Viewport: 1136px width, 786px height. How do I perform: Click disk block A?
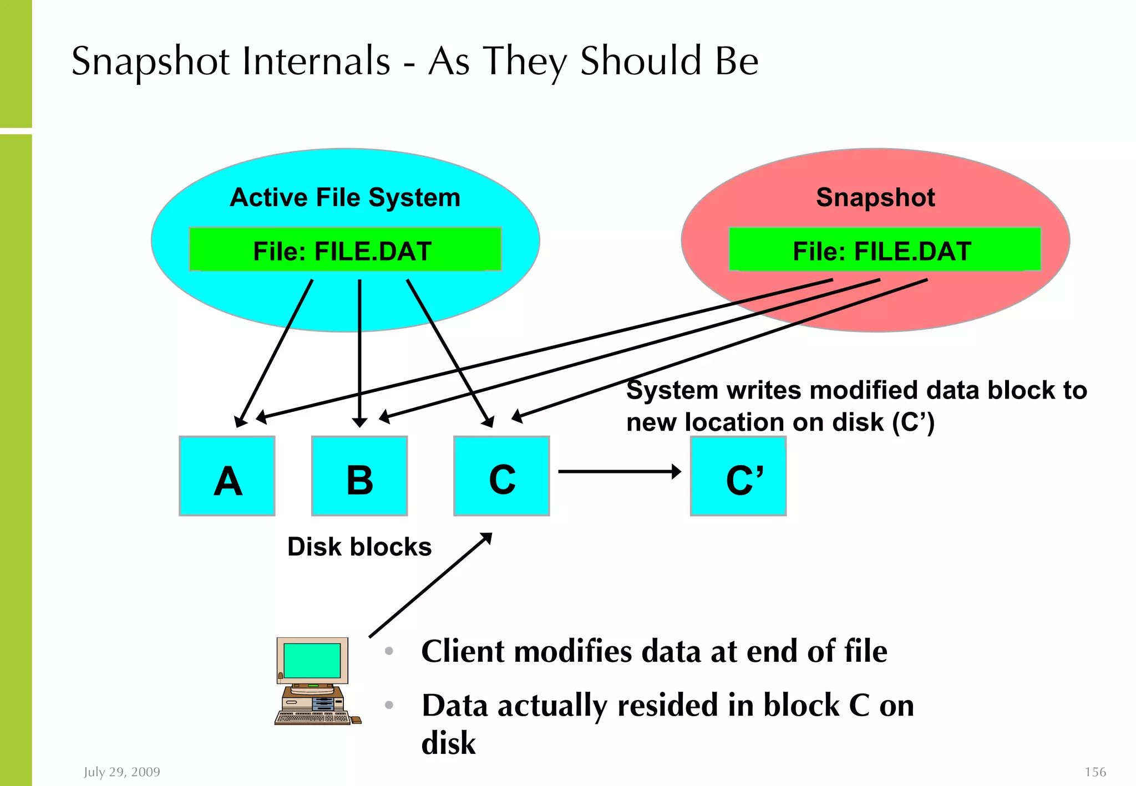tap(227, 476)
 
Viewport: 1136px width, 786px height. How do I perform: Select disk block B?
tap(359, 476)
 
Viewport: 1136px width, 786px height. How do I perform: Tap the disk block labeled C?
tap(501, 476)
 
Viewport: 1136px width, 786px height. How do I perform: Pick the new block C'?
tap(738, 476)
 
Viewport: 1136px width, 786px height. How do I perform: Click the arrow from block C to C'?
tap(618, 472)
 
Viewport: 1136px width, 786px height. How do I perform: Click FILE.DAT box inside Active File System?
tap(345, 249)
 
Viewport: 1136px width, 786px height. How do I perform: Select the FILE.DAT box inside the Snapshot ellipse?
tap(884, 249)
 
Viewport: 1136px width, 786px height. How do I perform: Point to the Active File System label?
tap(345, 197)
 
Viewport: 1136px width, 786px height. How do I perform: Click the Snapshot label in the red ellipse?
tap(875, 197)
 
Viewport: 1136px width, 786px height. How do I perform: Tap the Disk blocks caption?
tap(359, 547)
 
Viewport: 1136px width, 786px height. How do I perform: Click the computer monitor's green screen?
tap(312, 660)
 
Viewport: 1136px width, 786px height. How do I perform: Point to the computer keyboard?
tap(312, 718)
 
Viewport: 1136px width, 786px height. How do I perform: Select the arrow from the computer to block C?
tap(430, 585)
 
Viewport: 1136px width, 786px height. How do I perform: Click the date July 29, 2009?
tap(122, 772)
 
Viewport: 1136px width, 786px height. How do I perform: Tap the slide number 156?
tap(1095, 772)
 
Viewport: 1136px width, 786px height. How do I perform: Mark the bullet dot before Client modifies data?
tap(389, 651)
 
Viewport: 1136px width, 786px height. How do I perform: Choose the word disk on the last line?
tap(448, 743)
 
